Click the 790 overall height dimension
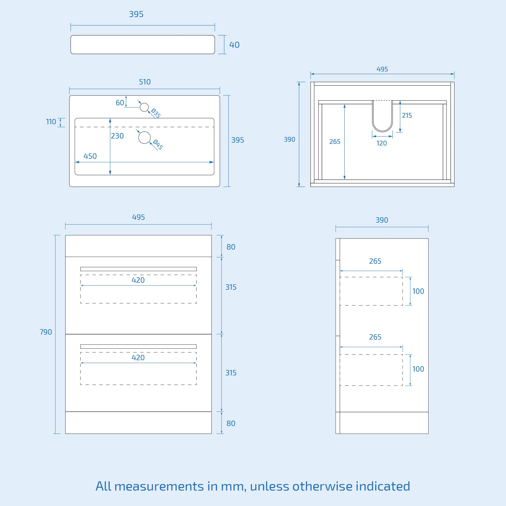pos(46,332)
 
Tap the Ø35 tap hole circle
pos(144,107)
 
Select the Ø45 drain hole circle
pos(145,137)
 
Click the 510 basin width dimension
pos(145,82)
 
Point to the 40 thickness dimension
pos(234,45)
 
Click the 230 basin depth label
pos(117,136)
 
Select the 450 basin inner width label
pos(90,156)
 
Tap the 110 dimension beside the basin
pos(51,122)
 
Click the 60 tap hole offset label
pos(120,103)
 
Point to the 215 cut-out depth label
pos(407,115)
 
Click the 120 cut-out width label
pos(382,143)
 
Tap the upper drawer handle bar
pos(139,269)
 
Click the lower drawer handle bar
pos(139,347)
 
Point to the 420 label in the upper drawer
pos(138,280)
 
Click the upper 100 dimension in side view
pos(418,291)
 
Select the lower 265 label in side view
pos(375,337)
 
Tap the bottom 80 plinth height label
pos(231,423)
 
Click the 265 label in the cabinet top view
pos(335,142)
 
